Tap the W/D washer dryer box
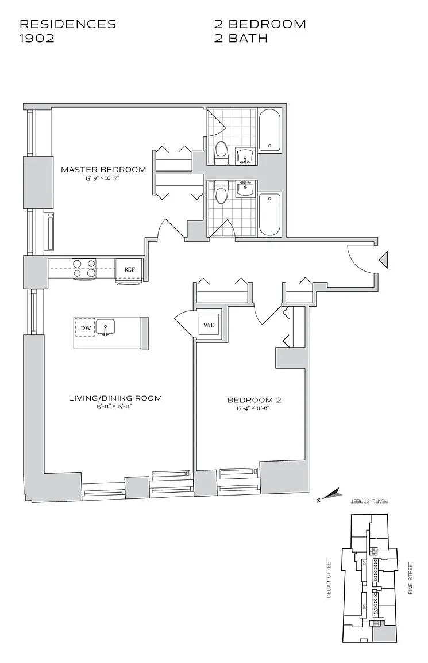(x=208, y=325)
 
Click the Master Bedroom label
(x=103, y=170)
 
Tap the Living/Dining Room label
(x=115, y=398)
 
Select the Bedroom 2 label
(x=254, y=400)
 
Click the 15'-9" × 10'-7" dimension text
(x=103, y=178)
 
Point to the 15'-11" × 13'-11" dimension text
(x=115, y=406)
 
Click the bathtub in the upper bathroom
(x=269, y=131)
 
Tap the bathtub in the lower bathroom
(x=269, y=214)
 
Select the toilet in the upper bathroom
(x=222, y=151)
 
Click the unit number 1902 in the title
(x=37, y=39)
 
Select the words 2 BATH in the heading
(x=241, y=39)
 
